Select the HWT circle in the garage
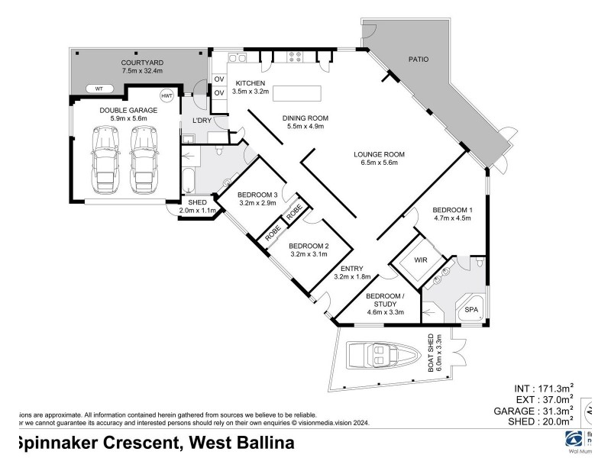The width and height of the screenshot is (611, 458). coord(167,96)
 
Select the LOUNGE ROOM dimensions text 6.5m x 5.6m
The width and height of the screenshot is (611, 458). coord(379,163)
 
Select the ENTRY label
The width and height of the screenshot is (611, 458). coord(352,269)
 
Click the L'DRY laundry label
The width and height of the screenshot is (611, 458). coord(202,121)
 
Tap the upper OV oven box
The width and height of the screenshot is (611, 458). coord(218,79)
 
